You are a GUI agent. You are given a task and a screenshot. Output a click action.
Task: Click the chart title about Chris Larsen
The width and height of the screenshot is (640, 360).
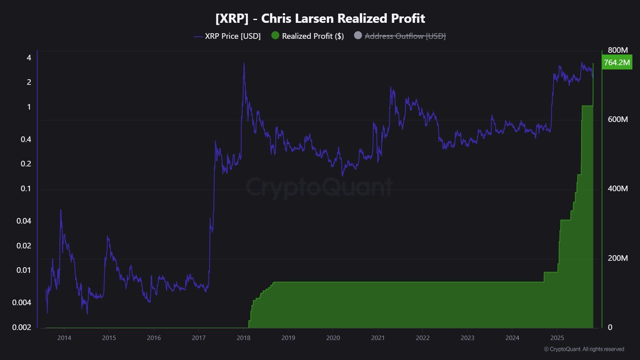click(x=320, y=18)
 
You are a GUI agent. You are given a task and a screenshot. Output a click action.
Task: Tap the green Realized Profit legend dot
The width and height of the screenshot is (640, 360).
click(x=275, y=36)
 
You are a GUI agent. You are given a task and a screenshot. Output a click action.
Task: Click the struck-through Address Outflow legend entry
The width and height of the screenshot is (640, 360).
click(x=405, y=36)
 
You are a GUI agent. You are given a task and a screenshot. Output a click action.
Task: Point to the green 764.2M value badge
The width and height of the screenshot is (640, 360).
click(x=616, y=62)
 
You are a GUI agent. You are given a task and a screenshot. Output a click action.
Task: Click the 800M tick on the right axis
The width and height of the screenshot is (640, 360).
click(x=618, y=50)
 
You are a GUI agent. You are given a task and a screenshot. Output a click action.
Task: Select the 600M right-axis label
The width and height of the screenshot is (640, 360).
click(x=618, y=119)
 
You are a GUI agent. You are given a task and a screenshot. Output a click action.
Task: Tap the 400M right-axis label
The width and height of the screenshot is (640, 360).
click(x=618, y=188)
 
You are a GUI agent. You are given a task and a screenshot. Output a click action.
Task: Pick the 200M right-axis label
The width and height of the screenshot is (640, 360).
click(x=618, y=258)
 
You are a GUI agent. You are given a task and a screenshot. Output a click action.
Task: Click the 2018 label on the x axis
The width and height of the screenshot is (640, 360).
click(x=244, y=338)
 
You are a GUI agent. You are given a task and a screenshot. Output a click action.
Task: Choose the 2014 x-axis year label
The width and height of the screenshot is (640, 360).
click(x=64, y=338)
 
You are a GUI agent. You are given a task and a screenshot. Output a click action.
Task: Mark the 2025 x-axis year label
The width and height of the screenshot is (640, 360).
click(x=557, y=338)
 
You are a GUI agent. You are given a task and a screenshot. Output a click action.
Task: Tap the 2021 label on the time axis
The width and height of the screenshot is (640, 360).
click(x=378, y=338)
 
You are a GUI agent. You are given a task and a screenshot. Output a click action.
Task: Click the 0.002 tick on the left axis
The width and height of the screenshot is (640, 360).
click(x=22, y=327)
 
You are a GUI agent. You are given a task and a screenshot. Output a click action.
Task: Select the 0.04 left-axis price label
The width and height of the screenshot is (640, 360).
click(x=24, y=221)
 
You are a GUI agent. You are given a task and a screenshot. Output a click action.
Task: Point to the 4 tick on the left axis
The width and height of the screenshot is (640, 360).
click(x=29, y=58)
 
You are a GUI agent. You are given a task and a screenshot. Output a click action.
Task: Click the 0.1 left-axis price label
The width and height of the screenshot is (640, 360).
click(x=26, y=188)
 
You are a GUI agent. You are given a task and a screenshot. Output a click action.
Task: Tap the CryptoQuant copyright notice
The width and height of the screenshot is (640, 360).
click(x=584, y=349)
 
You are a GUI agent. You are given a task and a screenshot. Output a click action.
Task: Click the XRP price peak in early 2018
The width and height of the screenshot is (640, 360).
click(x=244, y=63)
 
